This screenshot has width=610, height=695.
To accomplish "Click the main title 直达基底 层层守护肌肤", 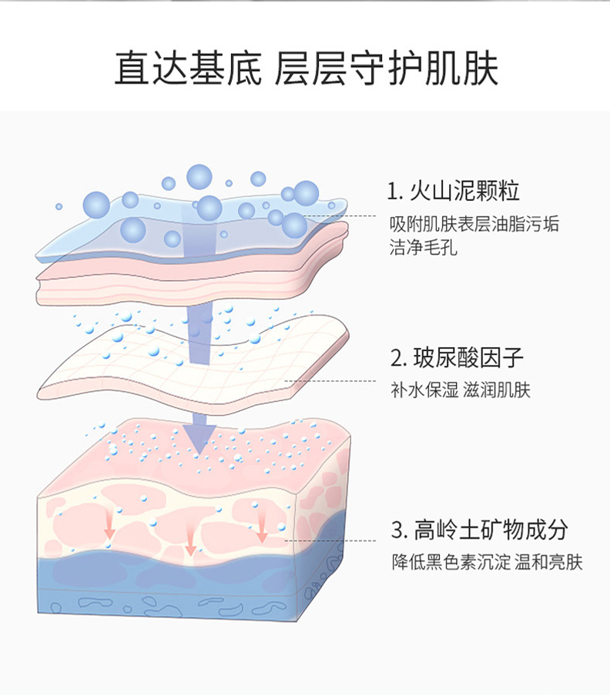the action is (306, 68).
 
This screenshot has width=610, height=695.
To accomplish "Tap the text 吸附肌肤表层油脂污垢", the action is (474, 224).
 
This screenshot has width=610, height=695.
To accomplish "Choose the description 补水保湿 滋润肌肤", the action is (461, 391).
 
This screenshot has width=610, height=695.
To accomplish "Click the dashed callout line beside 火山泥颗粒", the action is (343, 216).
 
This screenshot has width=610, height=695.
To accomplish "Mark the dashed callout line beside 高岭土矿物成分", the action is (331, 541).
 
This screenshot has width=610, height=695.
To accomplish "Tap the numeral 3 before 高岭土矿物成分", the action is (397, 531).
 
